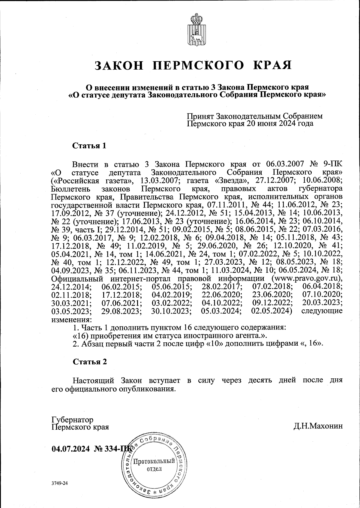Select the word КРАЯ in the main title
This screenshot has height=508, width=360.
pos(273,65)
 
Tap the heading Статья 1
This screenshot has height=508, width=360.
pos(89,146)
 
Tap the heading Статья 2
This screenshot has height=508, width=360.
pos(90,362)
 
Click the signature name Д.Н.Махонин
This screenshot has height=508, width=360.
pos(318,426)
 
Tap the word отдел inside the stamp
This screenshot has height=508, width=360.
pos(154,468)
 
